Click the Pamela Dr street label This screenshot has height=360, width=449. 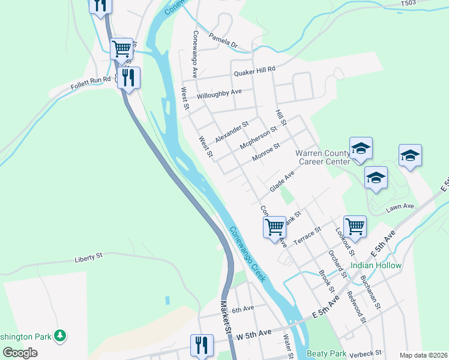coord(223,41)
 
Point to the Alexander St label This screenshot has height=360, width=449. coord(232,132)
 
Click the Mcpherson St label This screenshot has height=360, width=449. coord(258,137)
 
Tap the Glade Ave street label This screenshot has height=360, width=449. coord(283,180)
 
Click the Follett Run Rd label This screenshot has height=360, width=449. coord(90,79)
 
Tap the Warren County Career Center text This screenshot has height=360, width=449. coord(322,157)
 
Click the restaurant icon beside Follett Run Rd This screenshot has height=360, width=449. coord(128,77)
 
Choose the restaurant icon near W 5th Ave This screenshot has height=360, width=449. coord(201,345)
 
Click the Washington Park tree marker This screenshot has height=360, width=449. coord(59,336)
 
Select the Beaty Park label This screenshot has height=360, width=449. coord(327,354)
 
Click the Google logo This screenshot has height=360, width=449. coord(20,353)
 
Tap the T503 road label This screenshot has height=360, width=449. coord(408,4)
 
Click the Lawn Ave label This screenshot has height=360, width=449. coord(400,206)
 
